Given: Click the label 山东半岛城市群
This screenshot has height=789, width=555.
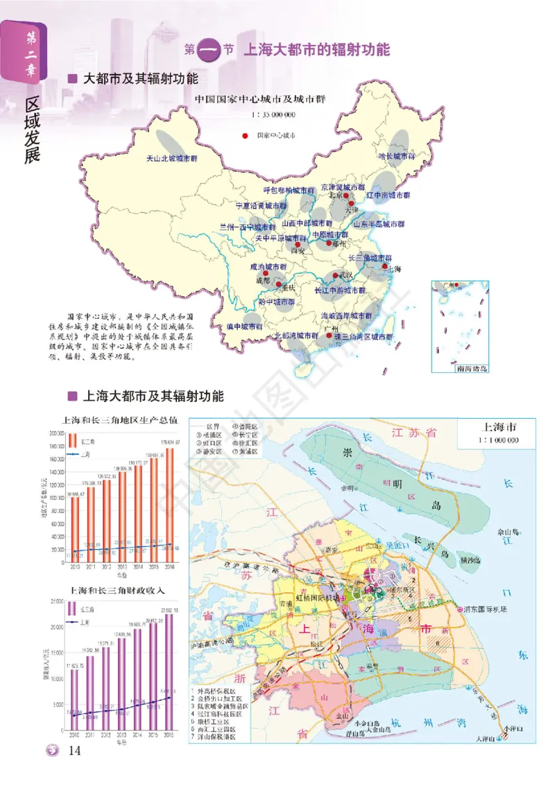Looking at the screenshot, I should tap(379, 224).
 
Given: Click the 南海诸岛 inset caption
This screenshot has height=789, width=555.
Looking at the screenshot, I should tap(472, 368).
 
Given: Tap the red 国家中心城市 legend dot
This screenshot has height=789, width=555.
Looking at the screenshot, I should tap(244, 136).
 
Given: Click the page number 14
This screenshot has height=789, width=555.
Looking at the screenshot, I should tap(75, 750).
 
